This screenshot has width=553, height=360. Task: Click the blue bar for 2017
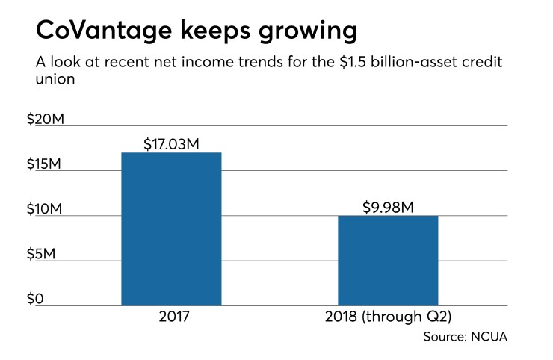171,229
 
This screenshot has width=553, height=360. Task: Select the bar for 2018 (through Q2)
388,261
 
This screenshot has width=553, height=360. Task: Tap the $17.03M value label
171,143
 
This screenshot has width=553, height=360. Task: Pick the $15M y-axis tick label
42,164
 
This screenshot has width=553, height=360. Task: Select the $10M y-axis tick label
42,208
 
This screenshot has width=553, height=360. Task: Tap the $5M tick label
39,254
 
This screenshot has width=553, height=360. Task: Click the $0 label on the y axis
34,299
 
